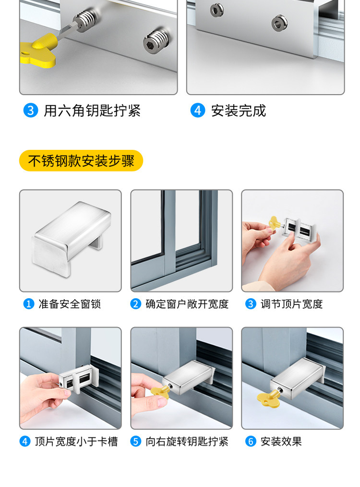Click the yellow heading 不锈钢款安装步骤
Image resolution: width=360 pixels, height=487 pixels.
81,160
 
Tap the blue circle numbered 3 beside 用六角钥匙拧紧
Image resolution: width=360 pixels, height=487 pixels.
31,110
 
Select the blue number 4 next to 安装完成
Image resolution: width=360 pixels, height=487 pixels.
198,110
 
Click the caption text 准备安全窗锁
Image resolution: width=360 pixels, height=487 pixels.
70,304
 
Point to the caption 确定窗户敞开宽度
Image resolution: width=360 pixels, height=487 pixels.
187,304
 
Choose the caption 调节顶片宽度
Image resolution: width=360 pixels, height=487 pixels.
292,304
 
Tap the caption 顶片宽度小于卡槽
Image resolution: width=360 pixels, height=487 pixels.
76,441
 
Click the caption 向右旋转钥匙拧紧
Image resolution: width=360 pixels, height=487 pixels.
187,441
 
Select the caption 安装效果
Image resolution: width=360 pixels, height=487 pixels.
281,441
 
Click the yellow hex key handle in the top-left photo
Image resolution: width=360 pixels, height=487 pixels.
38,51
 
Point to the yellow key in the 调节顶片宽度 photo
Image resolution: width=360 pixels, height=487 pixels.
275,223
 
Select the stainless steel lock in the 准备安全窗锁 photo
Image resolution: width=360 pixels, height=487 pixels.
72,238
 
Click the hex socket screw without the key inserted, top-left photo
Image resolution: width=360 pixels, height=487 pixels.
156,41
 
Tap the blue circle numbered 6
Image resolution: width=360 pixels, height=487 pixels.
251,441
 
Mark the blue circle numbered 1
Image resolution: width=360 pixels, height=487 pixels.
29,304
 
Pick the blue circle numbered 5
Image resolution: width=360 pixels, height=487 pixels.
136,441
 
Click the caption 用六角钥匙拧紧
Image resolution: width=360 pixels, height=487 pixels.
92,110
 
